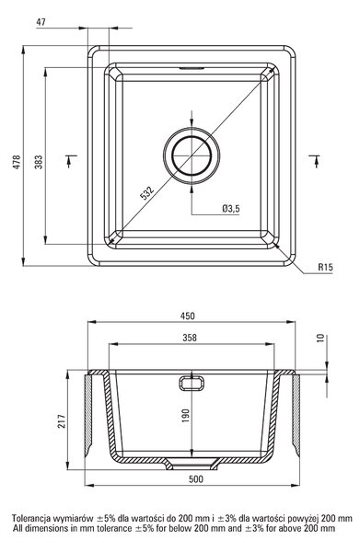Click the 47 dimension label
41,22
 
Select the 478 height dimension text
17,162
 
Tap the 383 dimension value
39,162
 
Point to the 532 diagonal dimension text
147,192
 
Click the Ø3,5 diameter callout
231,209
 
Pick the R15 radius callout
325,268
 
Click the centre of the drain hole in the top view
192,155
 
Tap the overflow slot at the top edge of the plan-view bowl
192,68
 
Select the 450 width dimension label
188,316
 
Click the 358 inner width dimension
190,338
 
